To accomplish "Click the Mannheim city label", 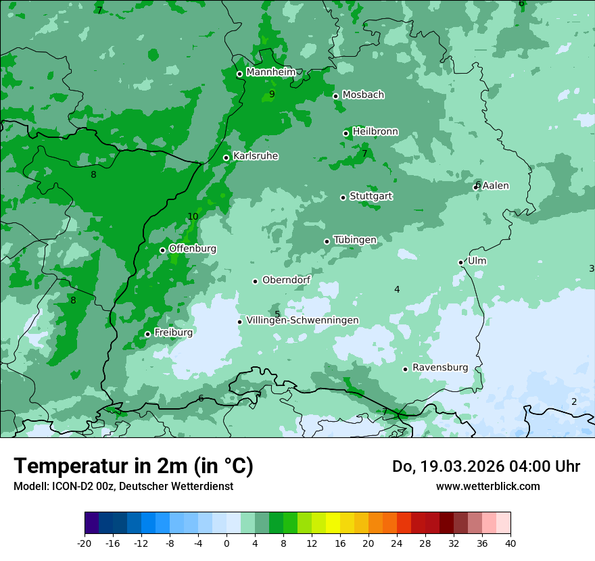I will [270, 72].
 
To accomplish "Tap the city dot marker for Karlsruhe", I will [227, 158].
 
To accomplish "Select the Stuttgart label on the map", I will [371, 197].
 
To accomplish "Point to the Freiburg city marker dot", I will [147, 334].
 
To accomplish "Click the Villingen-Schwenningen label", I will [302, 320].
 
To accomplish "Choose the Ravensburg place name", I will [439, 368].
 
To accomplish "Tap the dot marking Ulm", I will [461, 262].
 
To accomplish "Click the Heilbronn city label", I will [375, 132].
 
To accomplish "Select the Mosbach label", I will [363, 95].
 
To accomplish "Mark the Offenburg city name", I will [193, 249].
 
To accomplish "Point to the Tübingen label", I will [355, 240].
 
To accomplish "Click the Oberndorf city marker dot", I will [256, 281].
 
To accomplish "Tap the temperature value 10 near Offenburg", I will [193, 217].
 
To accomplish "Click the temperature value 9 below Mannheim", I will [272, 95].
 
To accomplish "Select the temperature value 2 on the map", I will [574, 402].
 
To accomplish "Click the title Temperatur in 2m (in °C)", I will [133, 466].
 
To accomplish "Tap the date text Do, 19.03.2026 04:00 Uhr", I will [485, 466].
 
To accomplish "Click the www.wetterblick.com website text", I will [487, 487].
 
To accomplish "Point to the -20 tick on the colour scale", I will [85, 543].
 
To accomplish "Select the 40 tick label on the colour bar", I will [510, 543].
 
